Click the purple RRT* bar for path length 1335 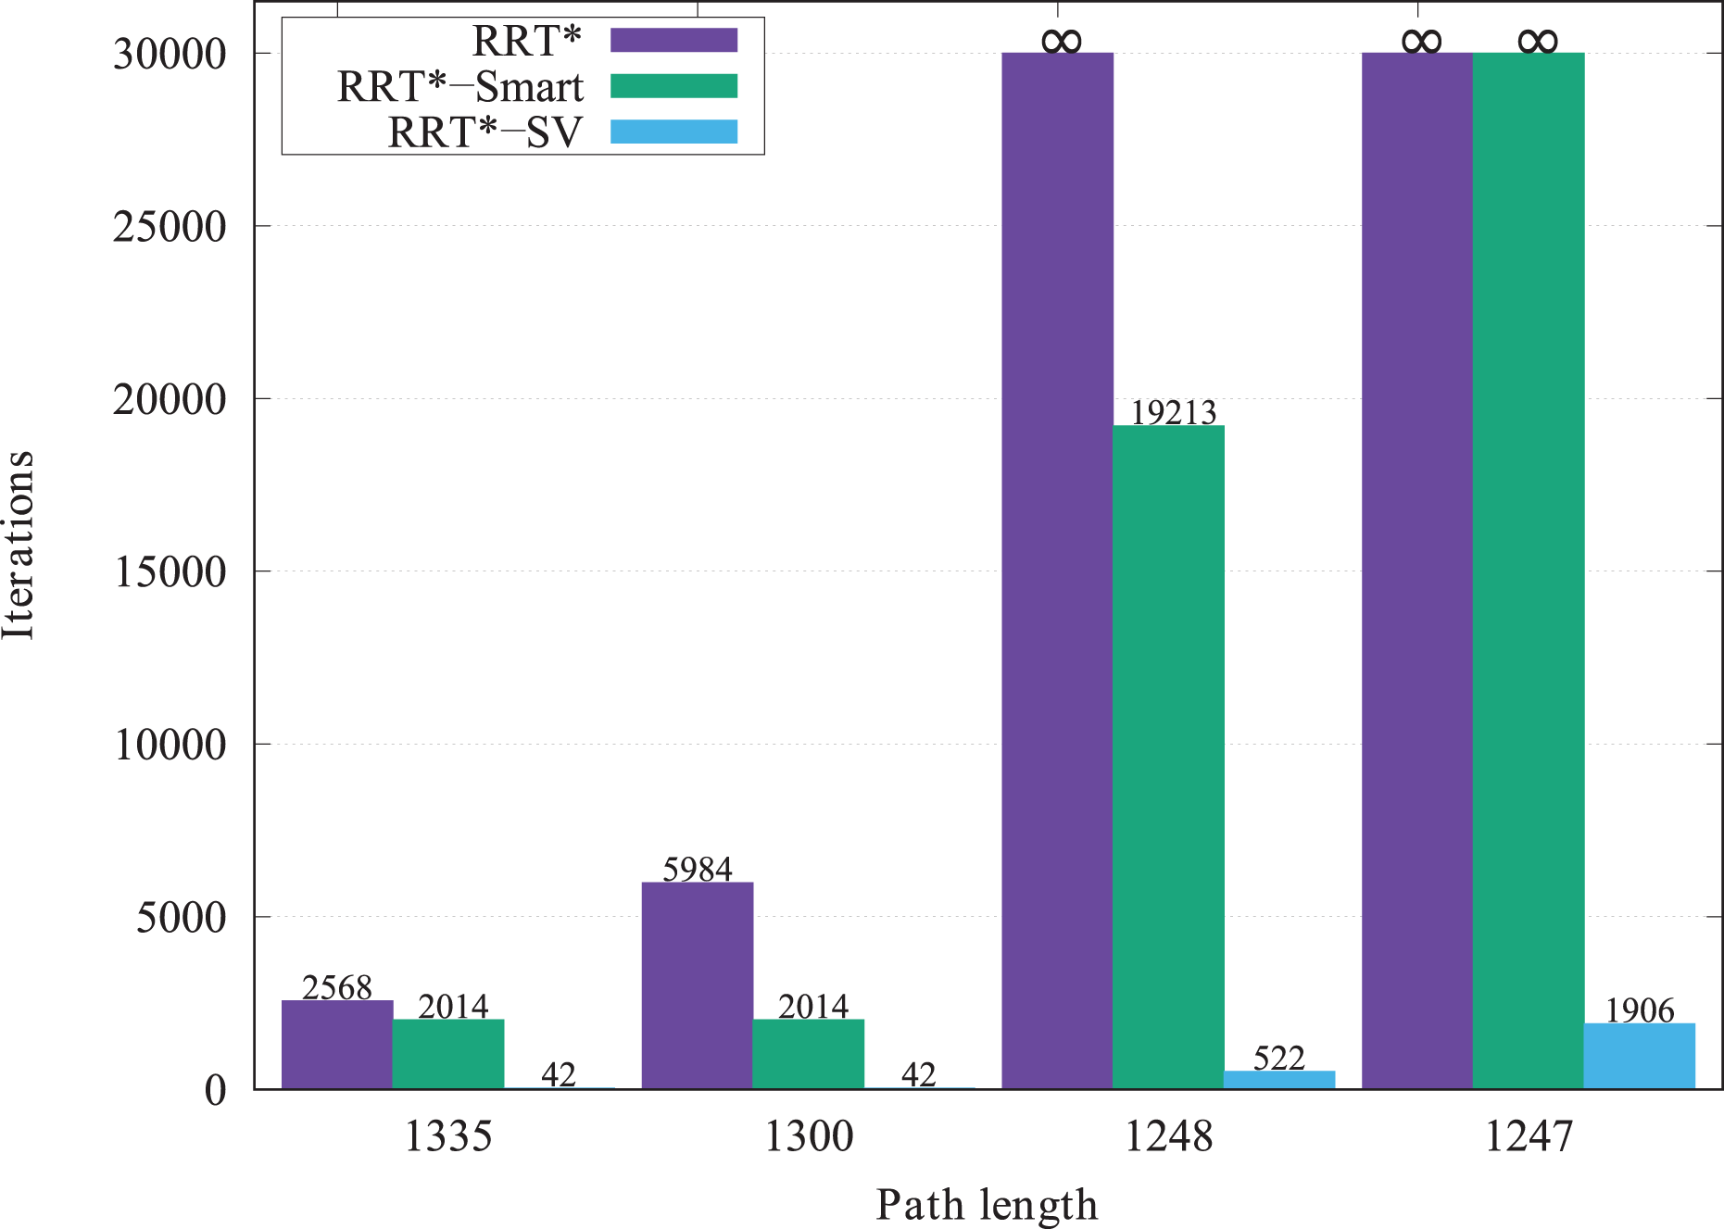tap(337, 1045)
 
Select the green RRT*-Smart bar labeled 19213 tap(1168, 757)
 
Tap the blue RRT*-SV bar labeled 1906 tap(1639, 1056)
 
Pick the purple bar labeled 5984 tap(697, 985)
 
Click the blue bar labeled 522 tap(1279, 1080)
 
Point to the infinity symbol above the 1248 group tap(1061, 41)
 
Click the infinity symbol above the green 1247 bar tap(1538, 41)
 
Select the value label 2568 tap(337, 987)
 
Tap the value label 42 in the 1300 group tap(919, 1074)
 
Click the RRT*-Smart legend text tap(460, 87)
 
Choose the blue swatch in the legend tap(673, 132)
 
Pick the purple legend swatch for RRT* tap(673, 40)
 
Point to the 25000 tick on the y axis tap(170, 227)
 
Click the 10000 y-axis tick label tap(170, 745)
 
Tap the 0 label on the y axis tap(215, 1090)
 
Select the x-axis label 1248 tap(1168, 1136)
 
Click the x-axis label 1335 tap(448, 1136)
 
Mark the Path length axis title tap(987, 1205)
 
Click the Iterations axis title tap(19, 545)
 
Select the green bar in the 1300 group tap(808, 1054)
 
